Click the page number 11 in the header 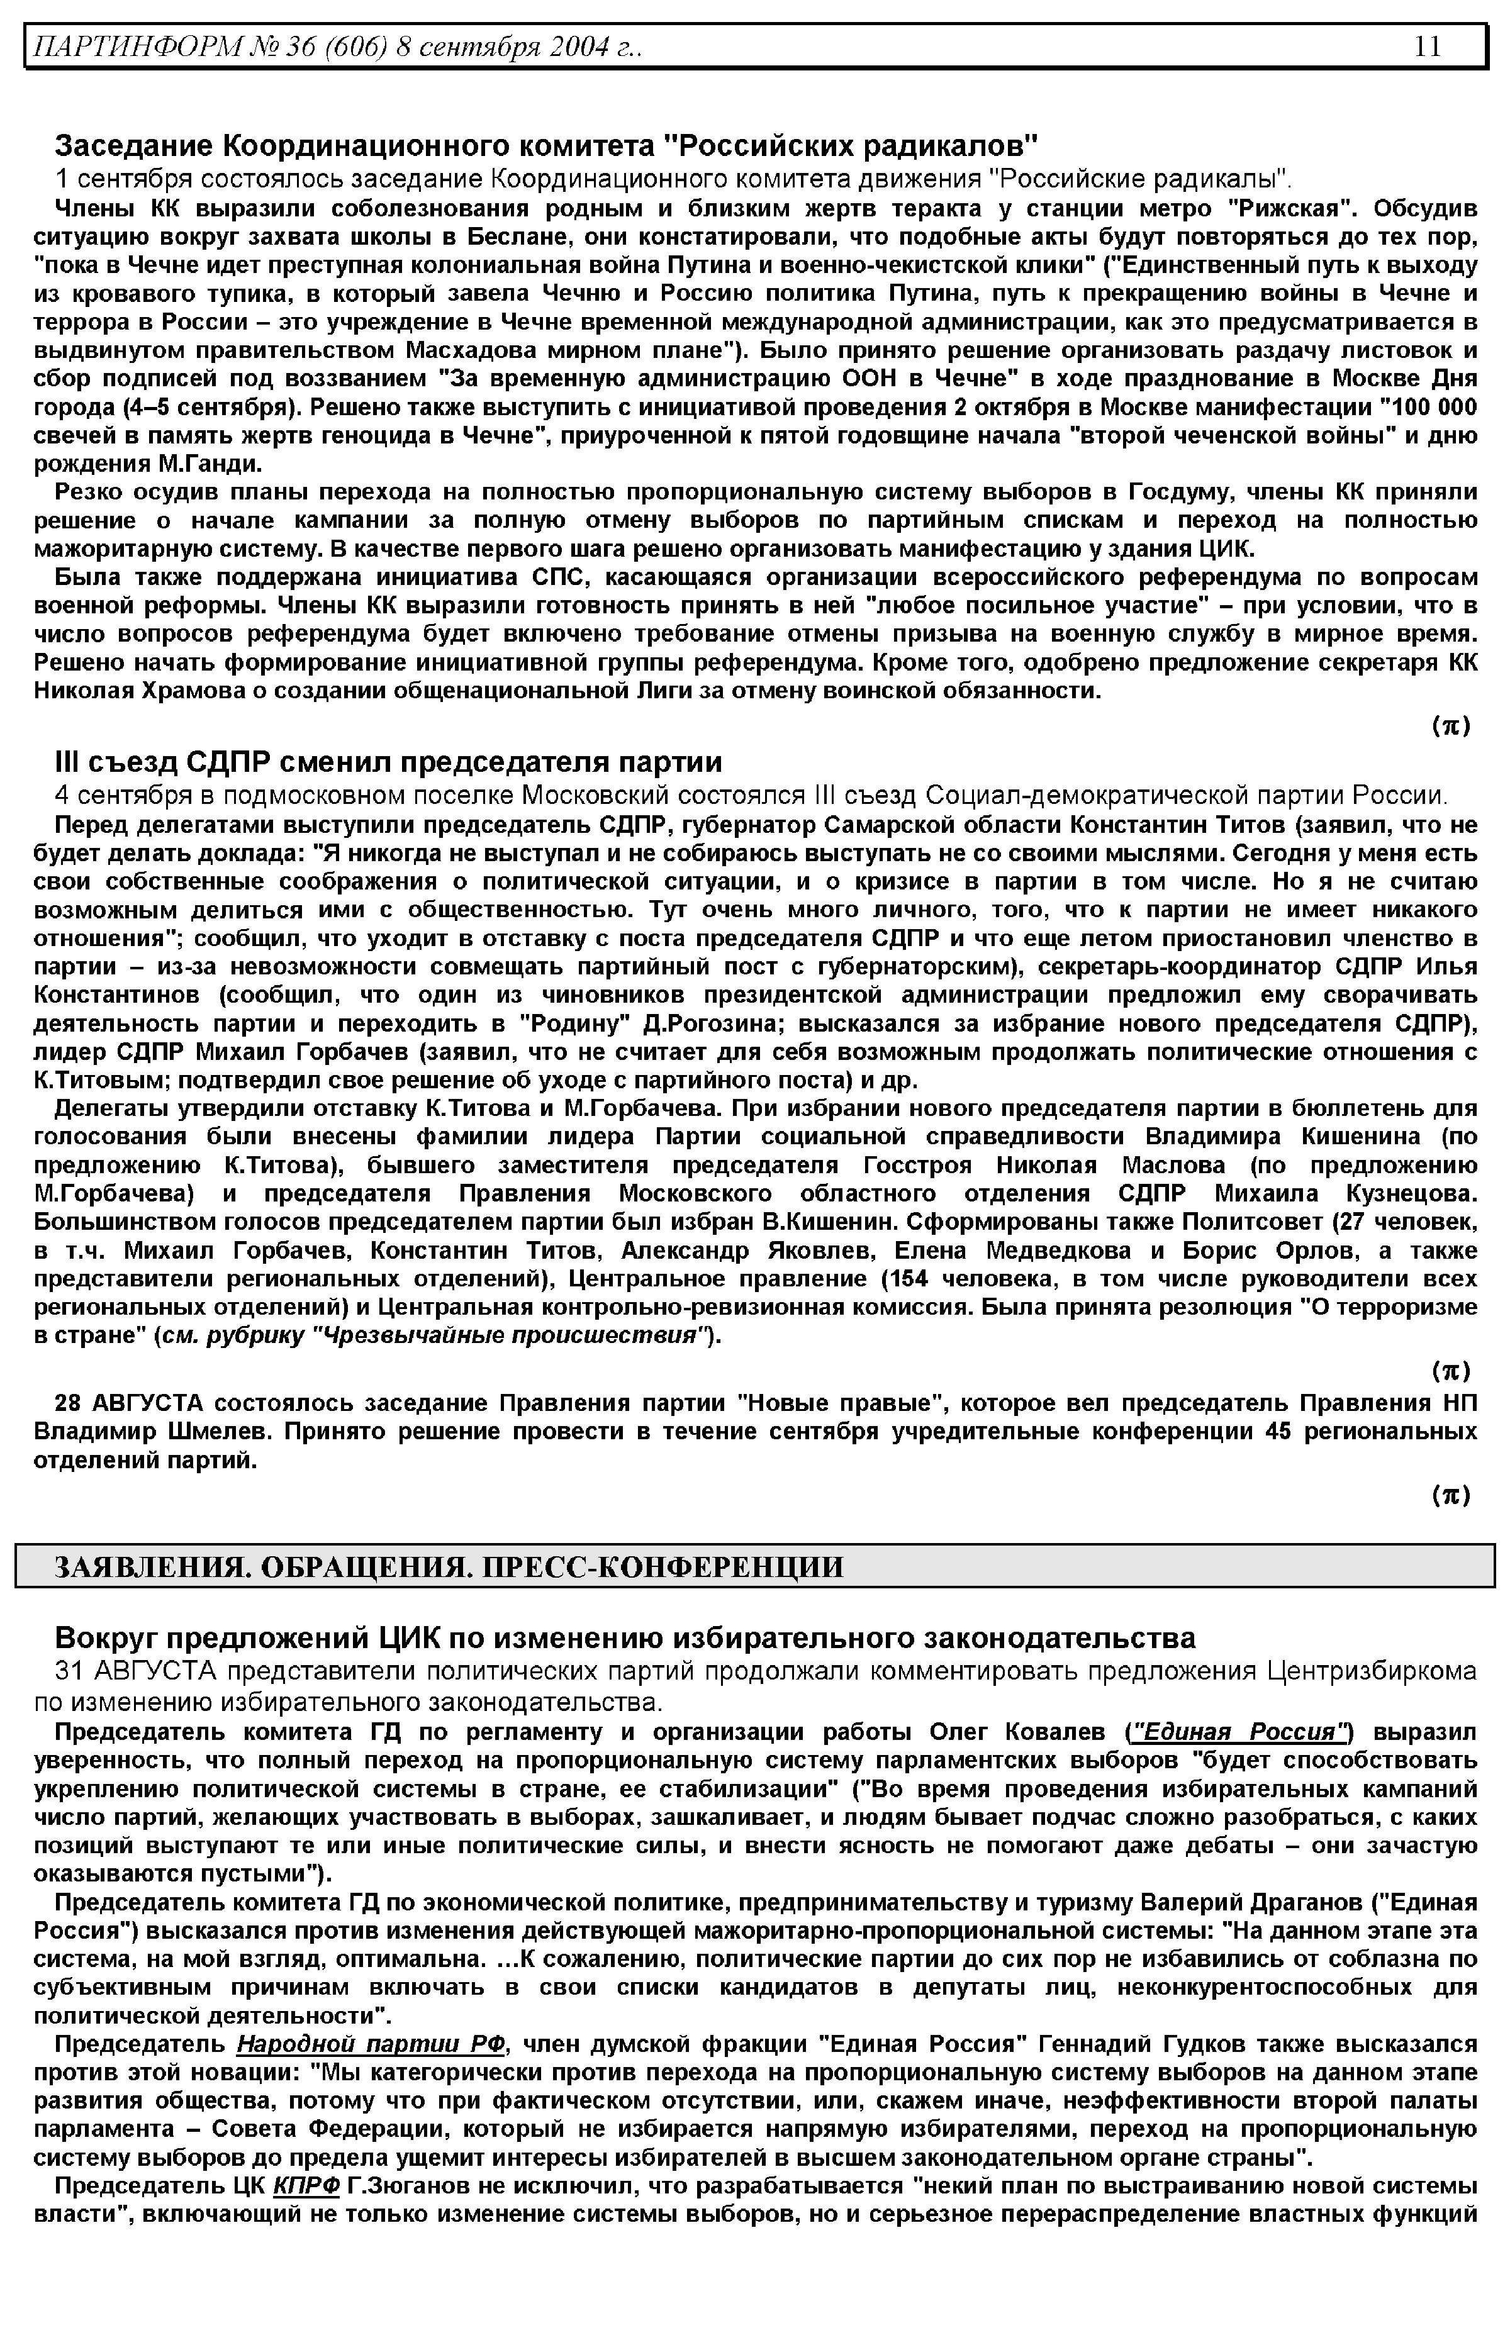[1428, 46]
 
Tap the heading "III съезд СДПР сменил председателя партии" [388, 762]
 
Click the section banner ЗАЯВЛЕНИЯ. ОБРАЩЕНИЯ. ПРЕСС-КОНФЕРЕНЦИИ [448, 1566]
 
